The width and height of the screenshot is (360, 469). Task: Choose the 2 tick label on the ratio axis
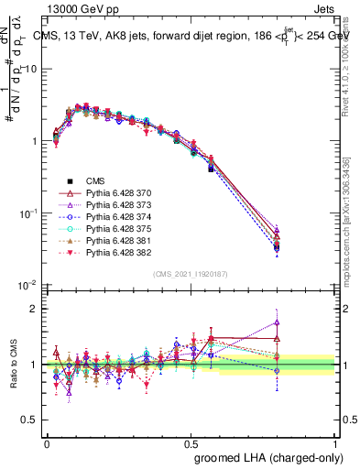[36, 310]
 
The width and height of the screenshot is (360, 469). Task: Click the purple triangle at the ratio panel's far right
[277, 322]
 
